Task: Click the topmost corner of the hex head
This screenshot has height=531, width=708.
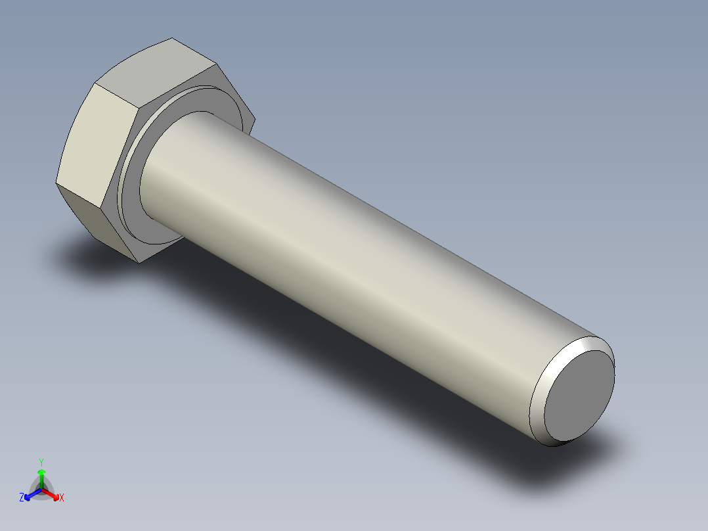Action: pyautogui.click(x=172, y=38)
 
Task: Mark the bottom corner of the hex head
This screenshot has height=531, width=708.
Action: pyautogui.click(x=140, y=264)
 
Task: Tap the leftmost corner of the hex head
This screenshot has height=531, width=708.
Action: pyautogui.click(x=56, y=183)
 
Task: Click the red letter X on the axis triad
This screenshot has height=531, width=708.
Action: pyautogui.click(x=62, y=498)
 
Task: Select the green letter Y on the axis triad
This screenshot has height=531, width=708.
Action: pyautogui.click(x=41, y=462)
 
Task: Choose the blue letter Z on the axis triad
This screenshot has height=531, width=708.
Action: pyautogui.click(x=22, y=497)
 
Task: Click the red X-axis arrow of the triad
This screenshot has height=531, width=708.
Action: pyautogui.click(x=53, y=494)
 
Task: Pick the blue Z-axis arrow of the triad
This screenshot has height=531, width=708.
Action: pyautogui.click(x=30, y=495)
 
